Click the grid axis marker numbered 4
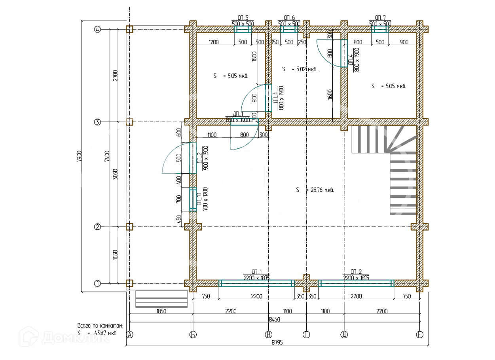point(97,29)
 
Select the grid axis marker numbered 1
point(97,283)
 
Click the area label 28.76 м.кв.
point(315,190)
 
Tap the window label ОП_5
point(243,18)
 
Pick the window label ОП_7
point(380,18)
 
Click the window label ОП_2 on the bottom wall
point(356,272)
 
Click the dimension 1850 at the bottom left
point(161,311)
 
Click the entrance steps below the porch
point(161,299)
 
